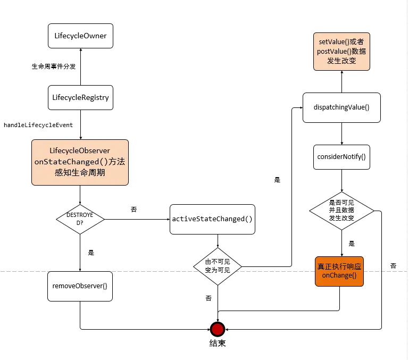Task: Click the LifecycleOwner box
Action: [x=80, y=36]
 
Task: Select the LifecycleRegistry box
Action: [x=80, y=97]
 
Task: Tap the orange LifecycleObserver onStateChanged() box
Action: [x=80, y=162]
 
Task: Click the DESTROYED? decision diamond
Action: [x=80, y=219]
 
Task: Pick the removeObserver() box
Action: [x=80, y=286]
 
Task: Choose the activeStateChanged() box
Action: [x=212, y=219]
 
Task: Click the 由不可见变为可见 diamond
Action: [x=218, y=265]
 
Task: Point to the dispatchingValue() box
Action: [x=341, y=107]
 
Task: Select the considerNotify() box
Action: [x=341, y=157]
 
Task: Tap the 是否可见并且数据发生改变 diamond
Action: [x=341, y=211]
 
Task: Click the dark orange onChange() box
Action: [x=339, y=271]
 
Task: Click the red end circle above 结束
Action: [x=217, y=328]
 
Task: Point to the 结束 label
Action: [x=217, y=344]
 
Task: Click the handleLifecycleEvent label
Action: [x=38, y=125]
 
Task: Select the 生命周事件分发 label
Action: [x=54, y=67]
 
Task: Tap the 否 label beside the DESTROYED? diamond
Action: [x=134, y=210]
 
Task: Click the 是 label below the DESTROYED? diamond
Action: [x=90, y=253]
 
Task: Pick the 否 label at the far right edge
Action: [x=393, y=265]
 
